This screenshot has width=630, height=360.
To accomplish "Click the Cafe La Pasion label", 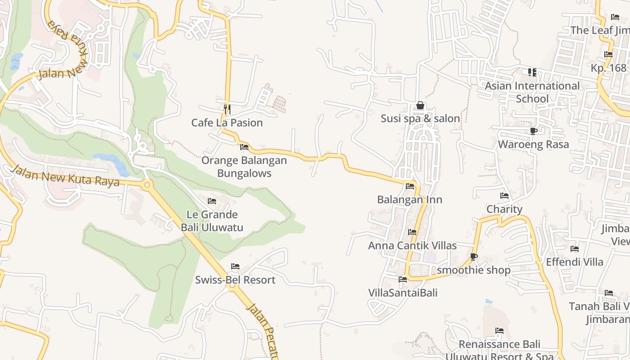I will (227, 123).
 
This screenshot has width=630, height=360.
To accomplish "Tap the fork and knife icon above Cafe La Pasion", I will (227, 109).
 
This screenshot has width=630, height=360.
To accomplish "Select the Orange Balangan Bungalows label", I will (244, 167).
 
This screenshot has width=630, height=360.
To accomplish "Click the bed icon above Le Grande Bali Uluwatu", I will (212, 201).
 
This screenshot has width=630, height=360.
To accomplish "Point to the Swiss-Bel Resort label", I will (235, 280).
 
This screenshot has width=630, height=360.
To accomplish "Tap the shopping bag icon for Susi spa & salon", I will (420, 105).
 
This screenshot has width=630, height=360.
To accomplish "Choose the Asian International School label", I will (532, 92).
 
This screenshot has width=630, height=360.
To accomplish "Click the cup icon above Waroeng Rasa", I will (533, 131).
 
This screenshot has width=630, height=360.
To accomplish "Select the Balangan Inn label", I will (409, 199).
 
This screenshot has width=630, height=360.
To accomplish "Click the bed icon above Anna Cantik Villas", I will (412, 232).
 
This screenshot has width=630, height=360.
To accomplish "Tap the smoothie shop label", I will (473, 270).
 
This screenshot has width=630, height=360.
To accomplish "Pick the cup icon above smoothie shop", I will (473, 256).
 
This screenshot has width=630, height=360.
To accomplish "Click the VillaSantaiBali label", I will (403, 292).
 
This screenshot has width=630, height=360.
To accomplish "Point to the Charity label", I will (504, 209).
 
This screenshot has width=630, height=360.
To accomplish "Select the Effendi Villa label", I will (575, 262).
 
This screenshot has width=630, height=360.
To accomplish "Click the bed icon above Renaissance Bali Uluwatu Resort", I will (499, 331).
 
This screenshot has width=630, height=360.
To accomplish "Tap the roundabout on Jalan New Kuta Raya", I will (147, 184).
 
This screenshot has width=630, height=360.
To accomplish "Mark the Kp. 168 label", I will (608, 68).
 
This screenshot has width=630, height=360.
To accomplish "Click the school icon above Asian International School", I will (532, 72).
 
